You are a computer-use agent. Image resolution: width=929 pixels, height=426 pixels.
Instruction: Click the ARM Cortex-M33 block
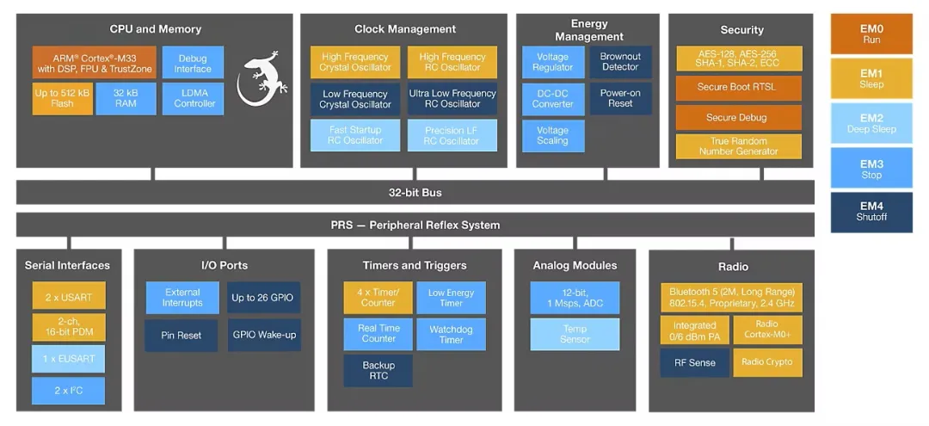[x=95, y=63]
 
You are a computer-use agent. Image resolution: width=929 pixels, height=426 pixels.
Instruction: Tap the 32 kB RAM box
[x=126, y=98]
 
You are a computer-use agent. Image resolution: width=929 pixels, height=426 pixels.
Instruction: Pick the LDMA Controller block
[x=194, y=98]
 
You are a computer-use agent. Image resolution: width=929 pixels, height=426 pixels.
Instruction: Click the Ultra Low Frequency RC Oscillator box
[x=452, y=99]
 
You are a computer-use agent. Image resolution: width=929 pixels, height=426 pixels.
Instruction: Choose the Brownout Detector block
[x=620, y=62]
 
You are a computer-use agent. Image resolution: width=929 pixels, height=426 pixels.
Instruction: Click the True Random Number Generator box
[x=738, y=146]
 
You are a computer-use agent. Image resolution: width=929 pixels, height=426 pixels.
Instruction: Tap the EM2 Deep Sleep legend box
[x=871, y=124]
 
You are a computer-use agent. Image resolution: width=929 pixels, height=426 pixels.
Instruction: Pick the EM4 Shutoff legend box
[x=871, y=212]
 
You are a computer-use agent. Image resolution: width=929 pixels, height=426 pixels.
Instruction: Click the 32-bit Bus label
[x=415, y=193]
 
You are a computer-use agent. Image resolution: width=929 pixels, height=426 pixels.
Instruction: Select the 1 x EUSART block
[x=69, y=358]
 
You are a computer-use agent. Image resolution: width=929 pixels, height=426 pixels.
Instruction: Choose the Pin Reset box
[x=181, y=335]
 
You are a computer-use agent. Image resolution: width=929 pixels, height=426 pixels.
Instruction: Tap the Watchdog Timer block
[x=451, y=335]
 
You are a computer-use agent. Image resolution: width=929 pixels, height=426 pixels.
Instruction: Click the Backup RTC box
[x=378, y=371]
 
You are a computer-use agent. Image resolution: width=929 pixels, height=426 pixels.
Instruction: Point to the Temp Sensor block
[x=575, y=334]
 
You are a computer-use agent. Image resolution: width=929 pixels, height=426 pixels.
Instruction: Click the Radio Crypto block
[x=767, y=362]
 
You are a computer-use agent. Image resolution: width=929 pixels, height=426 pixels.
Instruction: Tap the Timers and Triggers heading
[x=415, y=265]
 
